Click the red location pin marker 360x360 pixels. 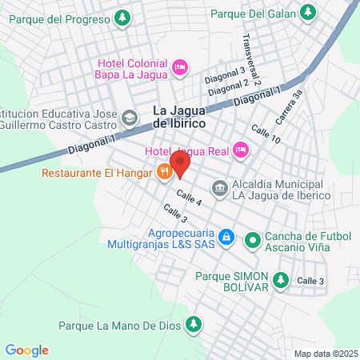coord(180,164)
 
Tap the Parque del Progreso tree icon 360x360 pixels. coord(122,16)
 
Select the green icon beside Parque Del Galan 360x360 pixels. coord(307,12)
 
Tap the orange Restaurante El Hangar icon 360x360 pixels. coord(164,170)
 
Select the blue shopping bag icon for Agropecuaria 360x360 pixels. coord(226,238)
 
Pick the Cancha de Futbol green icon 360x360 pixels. coord(253,238)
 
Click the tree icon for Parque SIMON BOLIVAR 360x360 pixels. coord(280,279)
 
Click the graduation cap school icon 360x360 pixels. coord(129,118)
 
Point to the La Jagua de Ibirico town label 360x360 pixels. coord(179,118)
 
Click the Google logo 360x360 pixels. coord(27,350)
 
